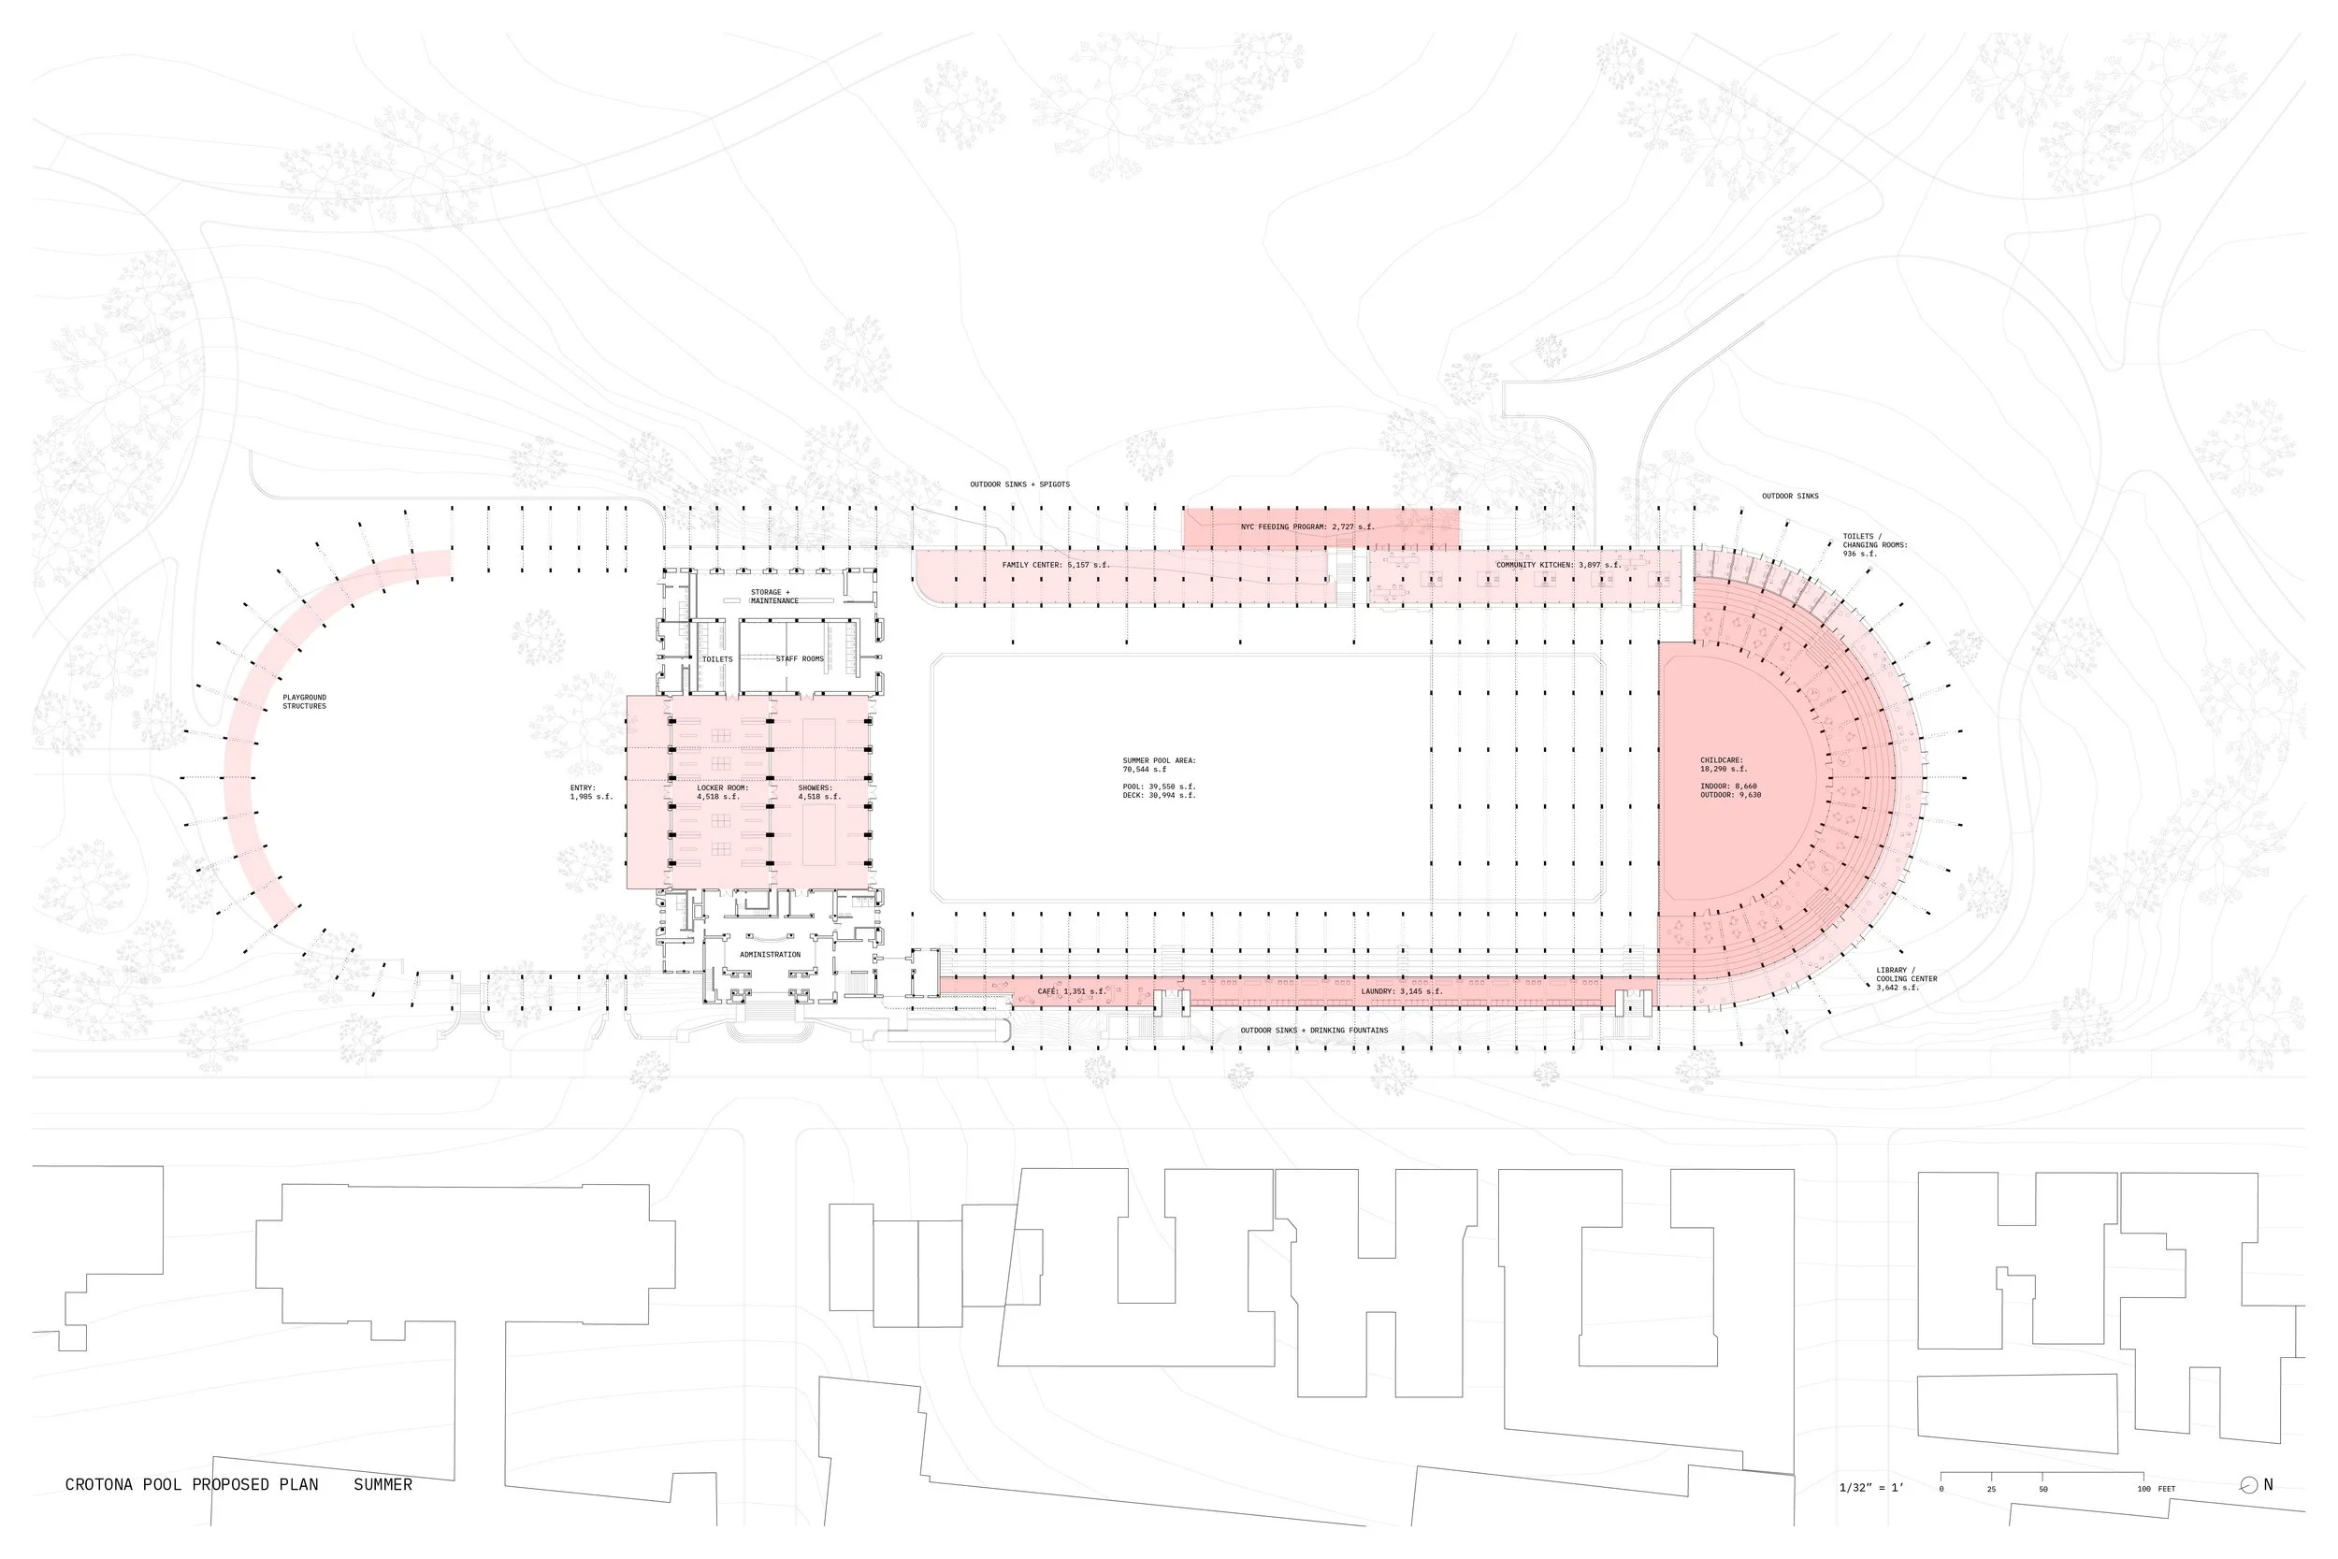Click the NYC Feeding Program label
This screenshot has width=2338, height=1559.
click(x=1306, y=527)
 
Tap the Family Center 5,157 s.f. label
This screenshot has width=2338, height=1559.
click(x=1055, y=565)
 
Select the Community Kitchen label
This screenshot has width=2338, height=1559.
click(x=1558, y=565)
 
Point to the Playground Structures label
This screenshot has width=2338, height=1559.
click(x=304, y=702)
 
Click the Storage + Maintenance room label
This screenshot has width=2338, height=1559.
click(x=773, y=597)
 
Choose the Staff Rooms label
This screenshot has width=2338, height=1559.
click(x=800, y=659)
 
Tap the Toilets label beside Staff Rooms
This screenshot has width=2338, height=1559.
click(x=716, y=659)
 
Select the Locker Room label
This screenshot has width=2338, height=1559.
click(x=722, y=792)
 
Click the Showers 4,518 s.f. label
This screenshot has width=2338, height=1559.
click(x=819, y=792)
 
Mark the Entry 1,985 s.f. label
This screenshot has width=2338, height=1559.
click(x=590, y=792)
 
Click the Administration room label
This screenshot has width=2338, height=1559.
click(x=770, y=955)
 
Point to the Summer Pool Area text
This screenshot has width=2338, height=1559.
click(x=1159, y=765)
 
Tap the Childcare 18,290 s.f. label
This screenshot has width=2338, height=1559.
click(x=1723, y=765)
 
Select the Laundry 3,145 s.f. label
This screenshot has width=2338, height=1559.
click(x=1401, y=991)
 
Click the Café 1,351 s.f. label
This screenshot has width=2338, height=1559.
click(x=1071, y=991)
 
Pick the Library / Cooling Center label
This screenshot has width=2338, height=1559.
click(x=1906, y=978)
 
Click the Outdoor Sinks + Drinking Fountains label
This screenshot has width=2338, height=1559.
click(x=1313, y=1030)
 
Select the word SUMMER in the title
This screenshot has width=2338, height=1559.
click(x=382, y=1484)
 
